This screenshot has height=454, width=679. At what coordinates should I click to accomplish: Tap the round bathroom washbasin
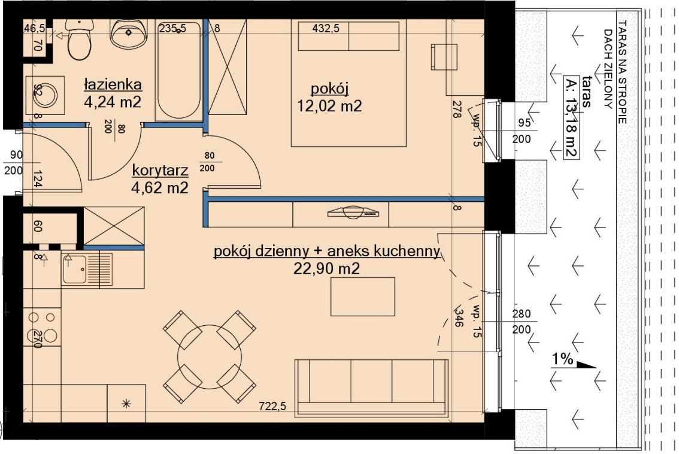pyautogui.click(x=129, y=34)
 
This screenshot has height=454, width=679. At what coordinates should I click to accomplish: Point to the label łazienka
pyautogui.click(x=113, y=84)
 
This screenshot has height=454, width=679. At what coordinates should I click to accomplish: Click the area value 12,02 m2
pyautogui.click(x=329, y=105)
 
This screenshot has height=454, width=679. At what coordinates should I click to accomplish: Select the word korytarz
pyautogui.click(x=160, y=170)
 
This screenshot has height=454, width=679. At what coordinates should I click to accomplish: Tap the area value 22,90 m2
pyautogui.click(x=326, y=268)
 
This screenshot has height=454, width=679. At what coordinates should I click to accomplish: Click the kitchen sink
pyautogui.click(x=87, y=269)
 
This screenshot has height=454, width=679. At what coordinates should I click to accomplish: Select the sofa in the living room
pyautogui.click(x=372, y=388)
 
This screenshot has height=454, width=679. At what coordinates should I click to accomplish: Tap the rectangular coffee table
pyautogui.click(x=362, y=296)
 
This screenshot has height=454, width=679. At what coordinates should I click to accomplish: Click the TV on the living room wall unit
pyautogui.click(x=353, y=212)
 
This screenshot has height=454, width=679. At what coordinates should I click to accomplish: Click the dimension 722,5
pyautogui.click(x=272, y=406)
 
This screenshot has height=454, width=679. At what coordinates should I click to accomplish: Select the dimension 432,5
pyautogui.click(x=326, y=29)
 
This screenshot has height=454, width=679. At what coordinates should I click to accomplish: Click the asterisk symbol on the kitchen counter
pyautogui.click(x=126, y=404)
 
